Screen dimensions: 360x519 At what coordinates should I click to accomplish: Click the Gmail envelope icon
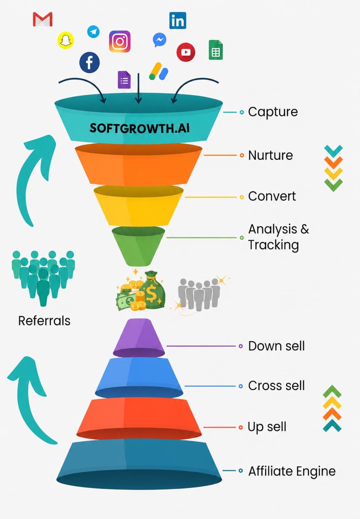click(43, 19)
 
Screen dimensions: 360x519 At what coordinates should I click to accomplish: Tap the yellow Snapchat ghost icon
click(65, 40)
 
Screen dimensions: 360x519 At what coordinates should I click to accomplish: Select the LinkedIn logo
click(178, 20)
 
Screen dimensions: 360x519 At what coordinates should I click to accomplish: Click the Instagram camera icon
click(120, 41)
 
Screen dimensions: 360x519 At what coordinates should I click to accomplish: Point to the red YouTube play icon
click(186, 52)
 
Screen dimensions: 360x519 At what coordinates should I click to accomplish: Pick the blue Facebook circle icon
click(90, 62)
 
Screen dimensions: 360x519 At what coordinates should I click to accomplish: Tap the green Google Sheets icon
click(216, 50)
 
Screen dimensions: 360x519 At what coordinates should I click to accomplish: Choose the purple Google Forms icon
click(124, 80)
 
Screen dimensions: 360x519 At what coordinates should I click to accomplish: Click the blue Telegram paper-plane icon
click(93, 31)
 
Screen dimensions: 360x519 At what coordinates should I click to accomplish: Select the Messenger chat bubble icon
click(160, 40)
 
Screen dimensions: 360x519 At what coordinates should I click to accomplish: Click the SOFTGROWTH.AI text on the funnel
click(140, 128)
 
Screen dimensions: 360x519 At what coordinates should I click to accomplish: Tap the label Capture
click(273, 112)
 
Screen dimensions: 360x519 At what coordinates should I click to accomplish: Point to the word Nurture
click(270, 155)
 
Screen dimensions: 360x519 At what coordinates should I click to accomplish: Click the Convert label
click(272, 196)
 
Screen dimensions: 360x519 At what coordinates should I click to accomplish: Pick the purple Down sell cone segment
click(139, 338)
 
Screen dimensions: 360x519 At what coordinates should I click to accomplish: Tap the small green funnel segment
click(138, 246)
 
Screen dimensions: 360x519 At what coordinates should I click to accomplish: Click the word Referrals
click(44, 321)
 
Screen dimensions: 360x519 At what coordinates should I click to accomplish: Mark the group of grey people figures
click(199, 294)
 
